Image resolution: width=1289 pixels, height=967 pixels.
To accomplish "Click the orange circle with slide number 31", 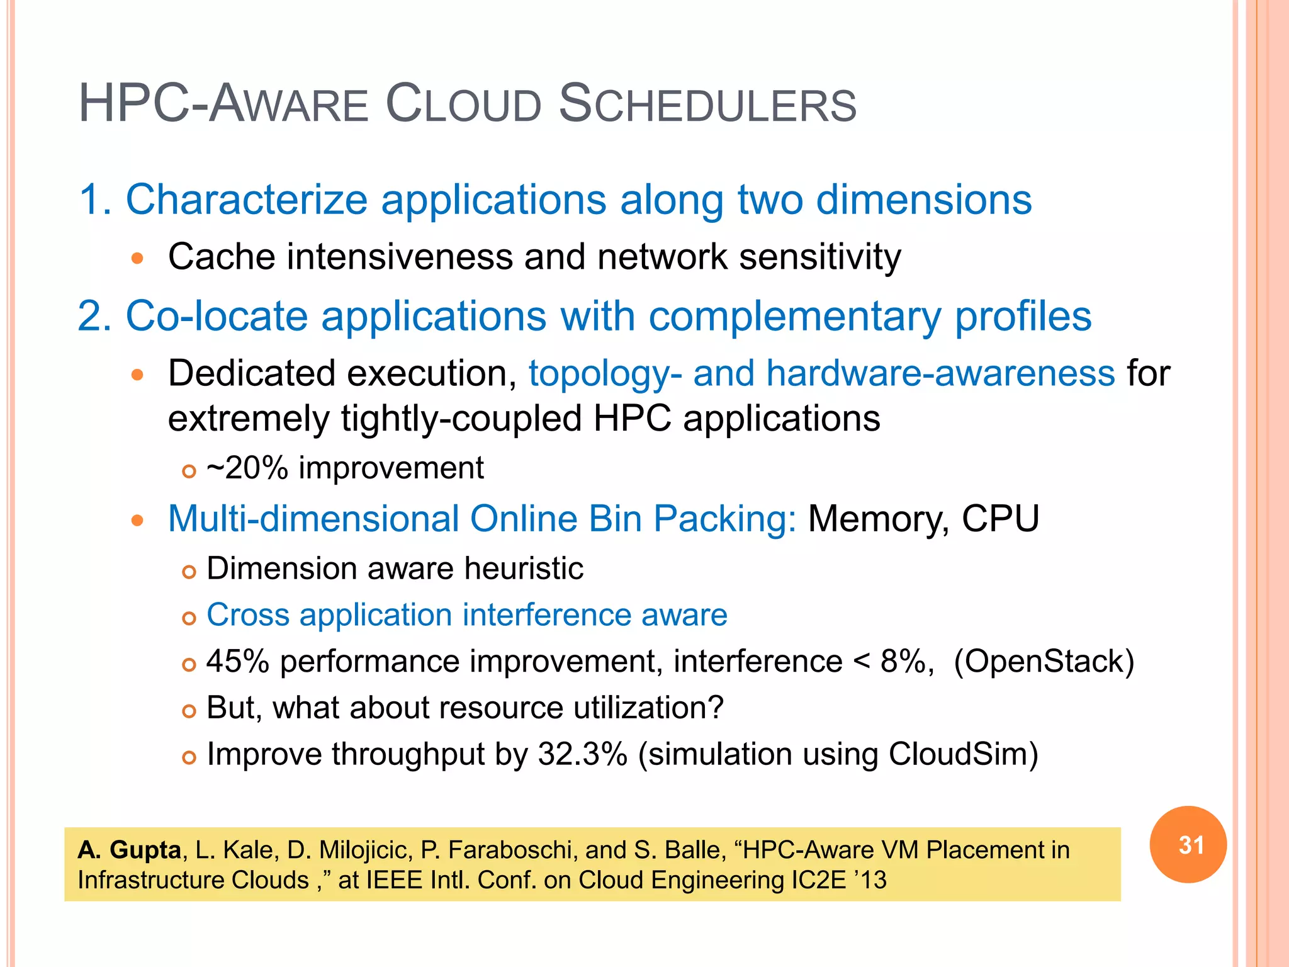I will pyautogui.click(x=1188, y=844).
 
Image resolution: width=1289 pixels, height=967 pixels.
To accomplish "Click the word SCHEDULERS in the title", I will pyautogui.click(x=707, y=105).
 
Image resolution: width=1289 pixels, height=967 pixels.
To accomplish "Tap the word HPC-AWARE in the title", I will pyautogui.click(x=223, y=105).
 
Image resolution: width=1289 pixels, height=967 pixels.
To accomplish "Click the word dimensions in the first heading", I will pyautogui.click(x=924, y=200).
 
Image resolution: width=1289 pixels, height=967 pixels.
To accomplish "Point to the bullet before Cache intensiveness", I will pyautogui.click(x=137, y=258).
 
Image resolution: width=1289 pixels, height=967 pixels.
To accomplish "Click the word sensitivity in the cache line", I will pyautogui.click(x=820, y=257).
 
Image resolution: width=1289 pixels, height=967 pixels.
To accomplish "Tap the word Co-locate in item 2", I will pyautogui.click(x=217, y=316).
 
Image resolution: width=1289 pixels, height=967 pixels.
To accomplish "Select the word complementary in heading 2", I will pyautogui.click(x=794, y=316).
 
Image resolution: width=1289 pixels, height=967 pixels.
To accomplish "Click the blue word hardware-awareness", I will pyautogui.click(x=940, y=373).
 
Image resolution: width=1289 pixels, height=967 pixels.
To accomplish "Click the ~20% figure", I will pyautogui.click(x=247, y=468).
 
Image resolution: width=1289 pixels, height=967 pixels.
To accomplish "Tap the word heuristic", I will pyautogui.click(x=524, y=568).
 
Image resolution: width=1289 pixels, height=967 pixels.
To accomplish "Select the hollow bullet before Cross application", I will pyautogui.click(x=189, y=618).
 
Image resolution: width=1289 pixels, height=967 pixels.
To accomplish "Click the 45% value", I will pyautogui.click(x=238, y=662).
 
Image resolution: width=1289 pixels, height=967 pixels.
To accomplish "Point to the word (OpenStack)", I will pyautogui.click(x=1044, y=662).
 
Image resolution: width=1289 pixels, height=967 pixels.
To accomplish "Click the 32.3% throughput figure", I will pyautogui.click(x=582, y=754).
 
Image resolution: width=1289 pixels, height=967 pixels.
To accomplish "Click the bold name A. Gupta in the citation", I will pyautogui.click(x=130, y=851).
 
